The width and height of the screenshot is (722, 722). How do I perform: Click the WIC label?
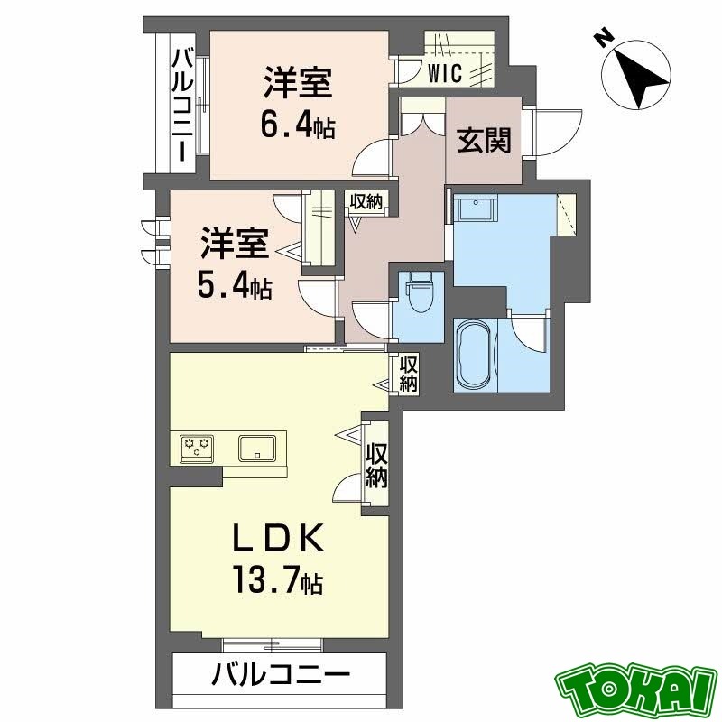447,73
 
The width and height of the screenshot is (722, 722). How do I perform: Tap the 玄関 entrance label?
484,140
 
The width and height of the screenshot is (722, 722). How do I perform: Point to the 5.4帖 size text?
234,286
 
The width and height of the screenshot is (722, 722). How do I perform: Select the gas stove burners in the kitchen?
199,447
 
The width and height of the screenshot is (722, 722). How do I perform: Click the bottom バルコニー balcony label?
279,673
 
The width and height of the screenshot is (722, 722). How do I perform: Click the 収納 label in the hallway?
366,200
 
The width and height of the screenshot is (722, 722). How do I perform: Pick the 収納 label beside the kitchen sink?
377,466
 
